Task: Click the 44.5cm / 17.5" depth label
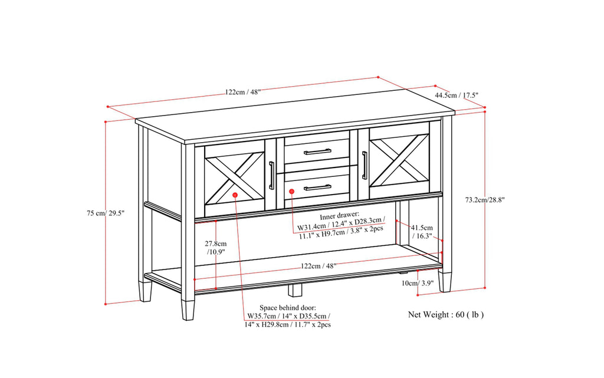(456, 95)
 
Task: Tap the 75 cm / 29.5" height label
(104, 212)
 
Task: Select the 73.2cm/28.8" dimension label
(481, 199)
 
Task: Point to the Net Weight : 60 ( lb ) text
(446, 314)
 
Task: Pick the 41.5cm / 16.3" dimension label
(422, 232)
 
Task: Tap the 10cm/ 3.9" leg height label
(417, 283)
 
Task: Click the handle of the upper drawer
(317, 152)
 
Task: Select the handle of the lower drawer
(317, 188)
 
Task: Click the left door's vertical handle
(271, 175)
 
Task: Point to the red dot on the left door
(235, 194)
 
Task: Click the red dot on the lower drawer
(291, 191)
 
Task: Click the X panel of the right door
(399, 157)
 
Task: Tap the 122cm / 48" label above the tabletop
(242, 91)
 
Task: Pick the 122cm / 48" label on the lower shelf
(319, 266)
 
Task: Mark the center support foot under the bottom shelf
(295, 290)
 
